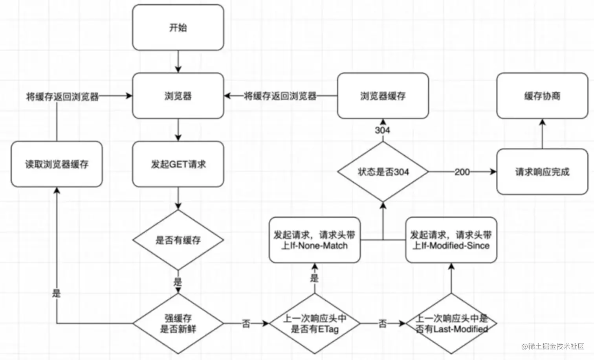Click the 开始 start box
(x=178, y=28)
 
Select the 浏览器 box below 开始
(x=178, y=96)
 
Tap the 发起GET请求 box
(x=178, y=164)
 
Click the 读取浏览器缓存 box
(x=57, y=164)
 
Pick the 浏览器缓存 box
(x=383, y=96)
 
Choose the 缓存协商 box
(x=542, y=96)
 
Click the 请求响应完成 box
(x=542, y=172)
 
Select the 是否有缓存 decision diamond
(x=178, y=240)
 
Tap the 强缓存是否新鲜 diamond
(x=178, y=324)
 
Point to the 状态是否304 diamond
(x=383, y=172)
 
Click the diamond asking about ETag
(x=315, y=324)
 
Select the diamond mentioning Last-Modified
(x=451, y=324)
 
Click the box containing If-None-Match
(x=315, y=240)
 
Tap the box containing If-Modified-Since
(x=451, y=240)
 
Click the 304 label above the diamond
(x=382, y=130)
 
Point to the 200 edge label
(x=462, y=172)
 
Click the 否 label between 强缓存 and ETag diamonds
(x=246, y=324)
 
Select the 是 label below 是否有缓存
(x=178, y=282)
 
